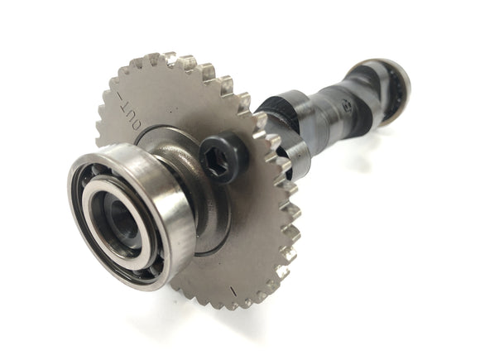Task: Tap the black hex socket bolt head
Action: pyautogui.click(x=223, y=158)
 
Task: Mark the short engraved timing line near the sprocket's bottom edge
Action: pyautogui.click(x=233, y=291)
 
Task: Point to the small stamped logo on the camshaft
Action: pyautogui.click(x=345, y=105)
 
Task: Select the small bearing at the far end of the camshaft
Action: pyautogui.click(x=395, y=92)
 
